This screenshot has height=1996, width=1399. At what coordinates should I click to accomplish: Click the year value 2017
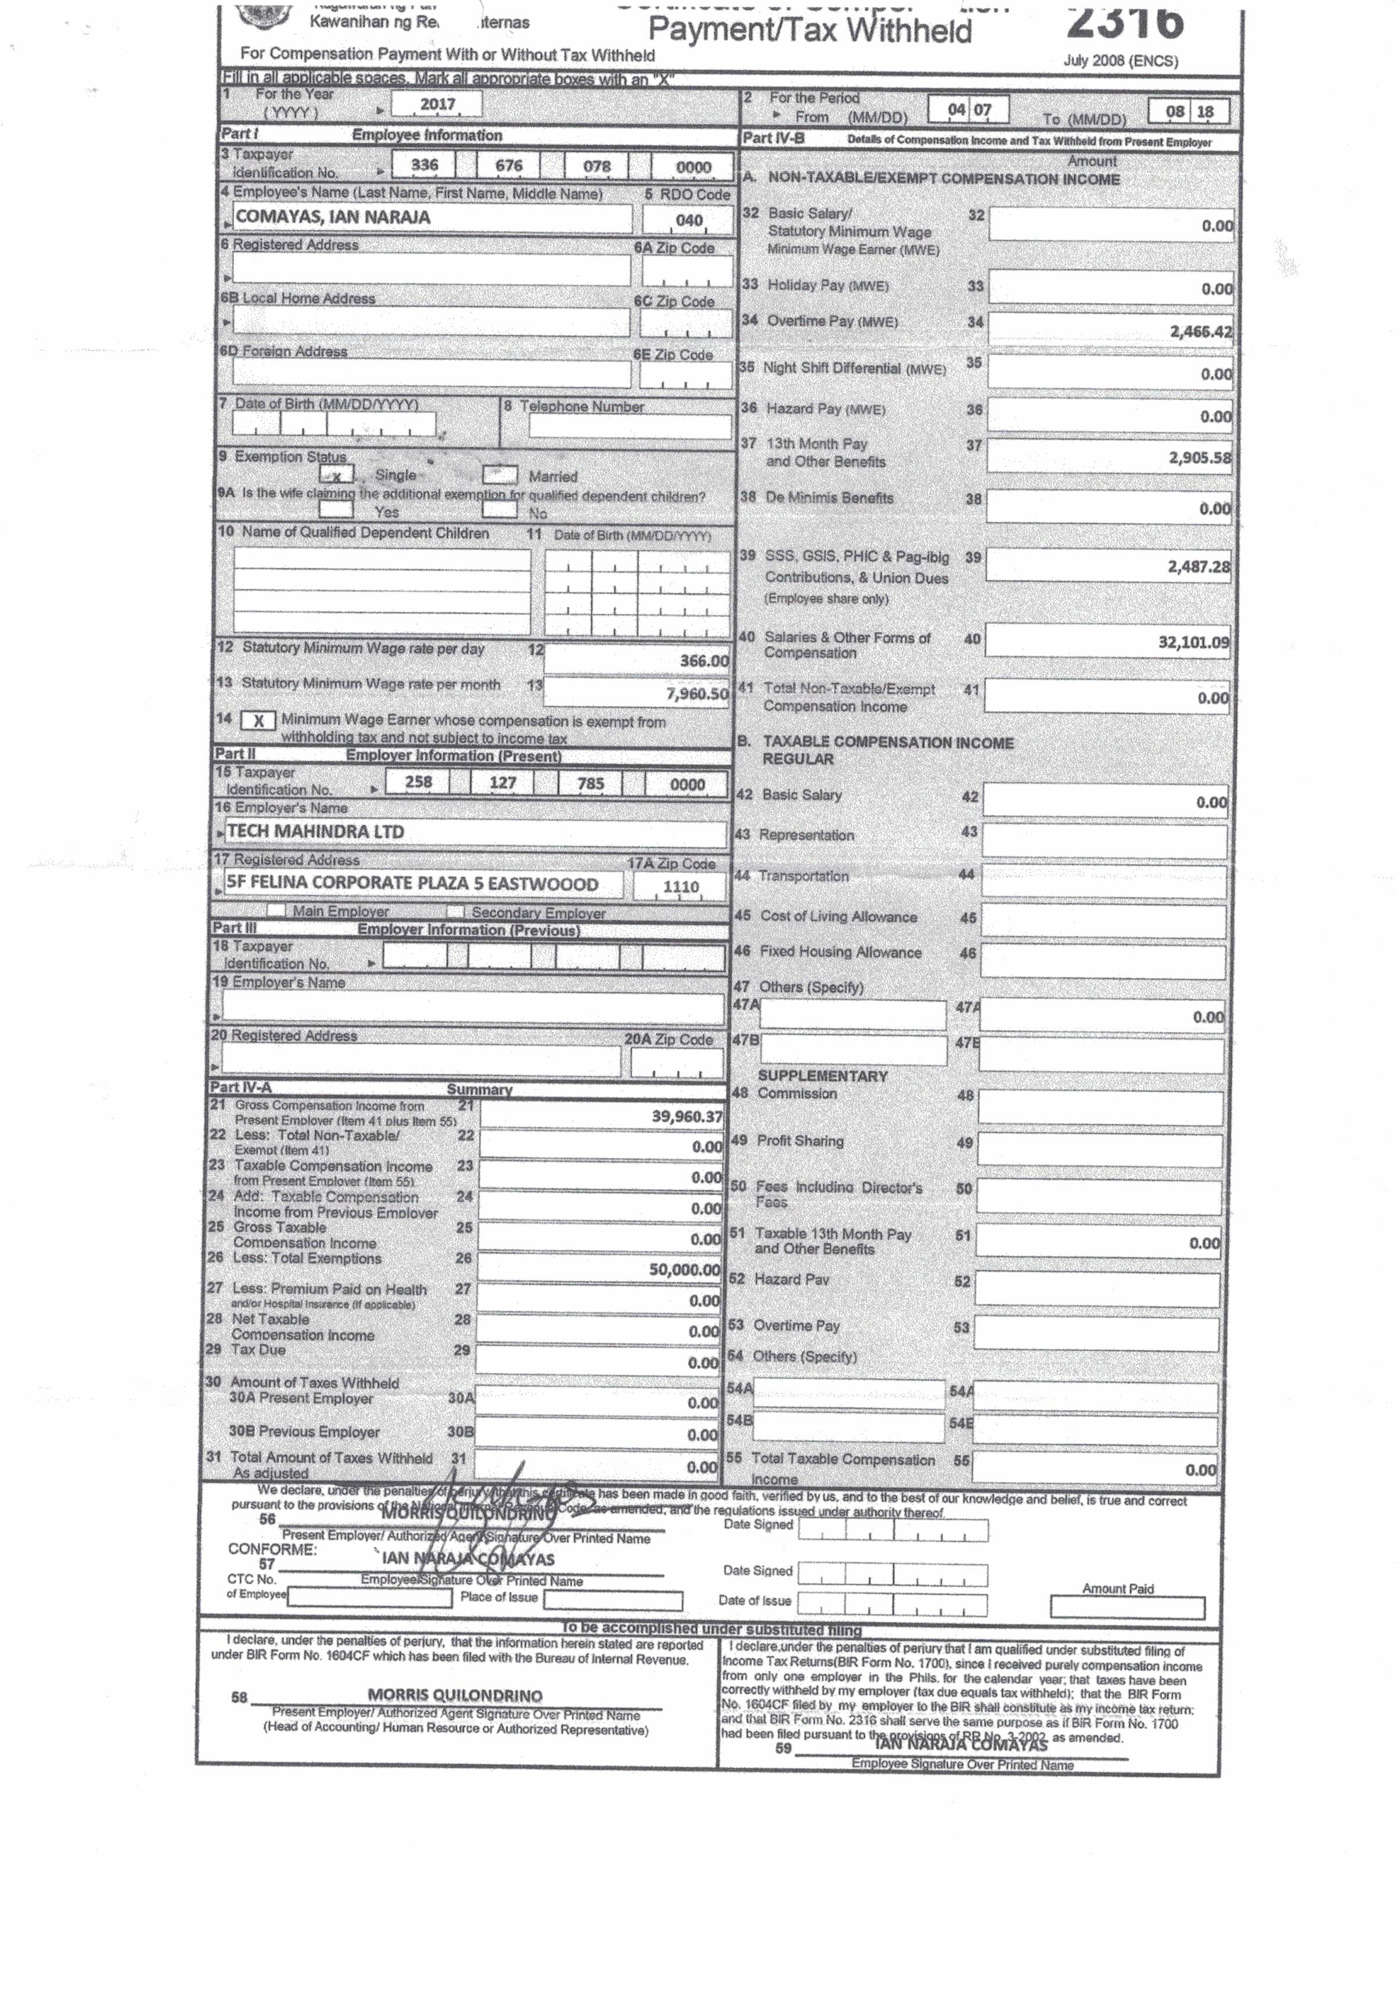click(x=437, y=105)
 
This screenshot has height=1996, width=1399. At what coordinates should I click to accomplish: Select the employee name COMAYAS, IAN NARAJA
click(x=333, y=217)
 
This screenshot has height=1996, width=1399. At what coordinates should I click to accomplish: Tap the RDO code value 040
click(x=689, y=220)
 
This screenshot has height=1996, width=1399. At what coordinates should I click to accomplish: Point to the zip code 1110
click(x=681, y=886)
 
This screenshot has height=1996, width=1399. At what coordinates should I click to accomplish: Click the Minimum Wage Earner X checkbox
click(x=258, y=721)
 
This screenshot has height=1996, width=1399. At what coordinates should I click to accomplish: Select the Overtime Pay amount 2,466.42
click(x=1200, y=330)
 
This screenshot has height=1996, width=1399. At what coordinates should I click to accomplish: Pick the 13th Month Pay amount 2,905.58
click(x=1199, y=457)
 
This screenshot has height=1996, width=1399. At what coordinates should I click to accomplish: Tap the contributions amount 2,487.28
click(x=1198, y=567)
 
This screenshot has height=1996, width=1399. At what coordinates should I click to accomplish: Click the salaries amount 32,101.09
click(x=1193, y=642)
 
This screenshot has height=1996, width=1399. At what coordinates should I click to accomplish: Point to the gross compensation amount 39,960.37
click(x=686, y=1116)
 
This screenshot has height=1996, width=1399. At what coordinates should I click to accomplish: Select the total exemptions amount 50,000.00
click(x=684, y=1269)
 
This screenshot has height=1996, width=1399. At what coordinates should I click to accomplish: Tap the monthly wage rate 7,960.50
click(x=696, y=694)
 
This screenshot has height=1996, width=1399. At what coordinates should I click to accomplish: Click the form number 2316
click(x=1125, y=21)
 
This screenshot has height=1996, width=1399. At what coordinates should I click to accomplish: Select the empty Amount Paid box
click(x=1127, y=1607)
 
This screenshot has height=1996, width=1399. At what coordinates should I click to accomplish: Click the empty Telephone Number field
click(x=630, y=426)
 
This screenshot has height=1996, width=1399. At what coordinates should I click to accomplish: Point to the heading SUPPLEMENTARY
click(x=822, y=1076)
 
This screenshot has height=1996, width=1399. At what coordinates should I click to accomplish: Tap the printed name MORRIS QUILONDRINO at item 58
click(x=455, y=1695)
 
